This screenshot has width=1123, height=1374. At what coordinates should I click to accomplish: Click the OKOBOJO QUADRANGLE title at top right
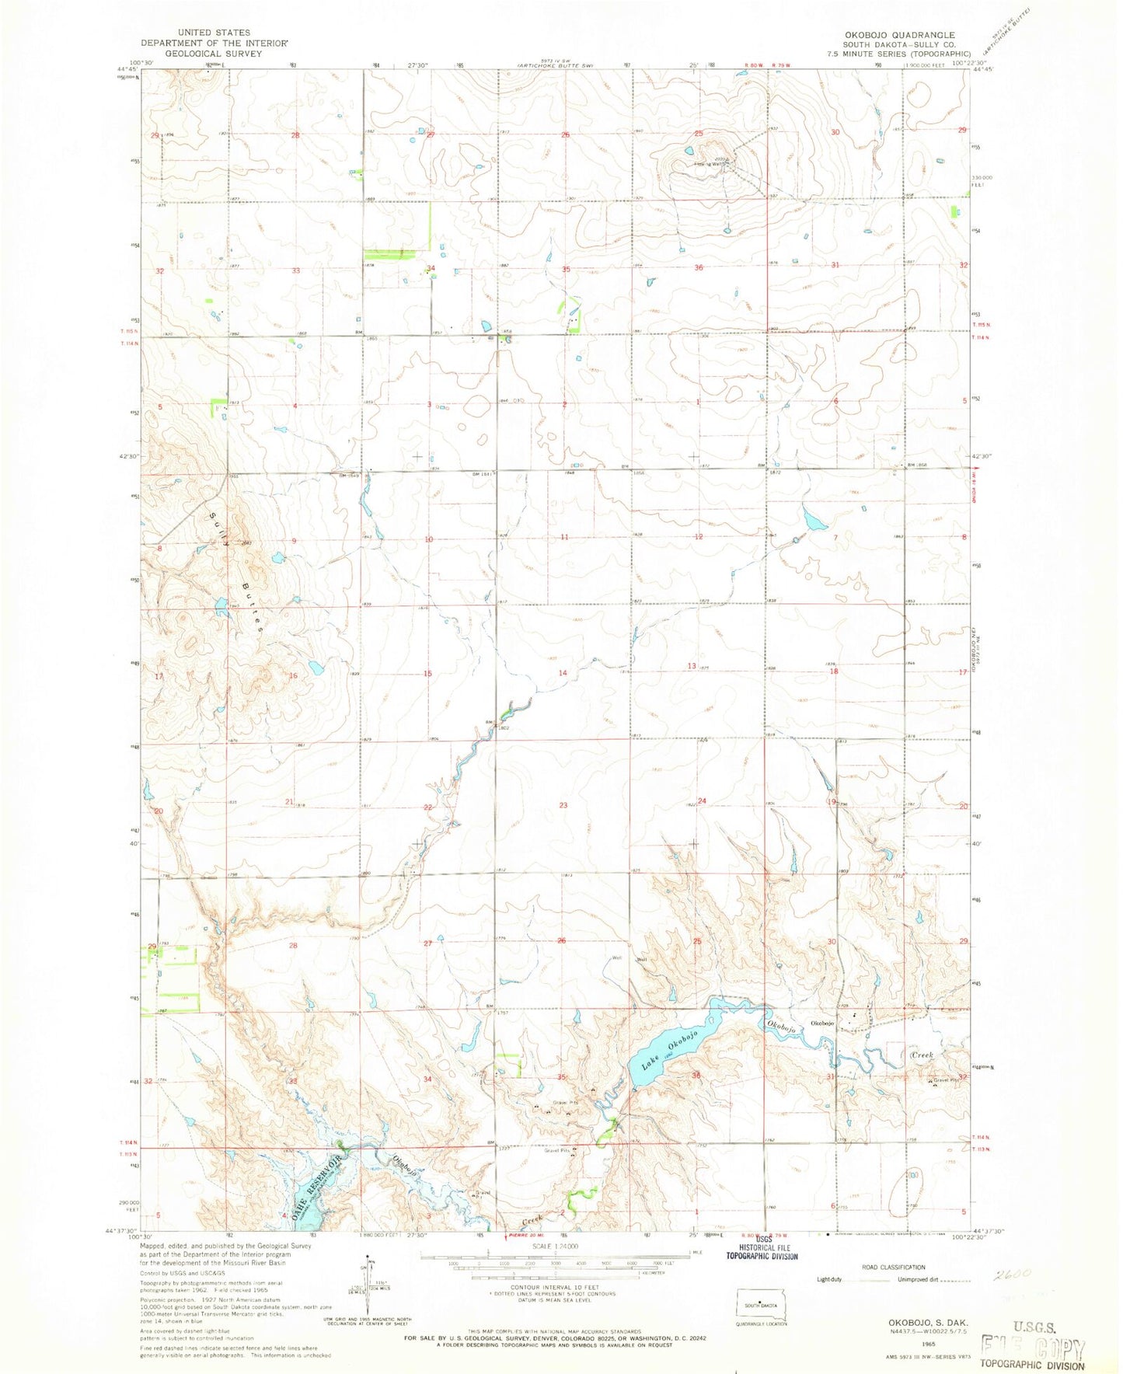click(x=906, y=35)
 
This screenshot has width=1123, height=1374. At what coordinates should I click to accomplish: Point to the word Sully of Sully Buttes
click(x=218, y=530)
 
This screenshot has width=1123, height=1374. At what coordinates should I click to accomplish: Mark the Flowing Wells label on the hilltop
click(x=711, y=164)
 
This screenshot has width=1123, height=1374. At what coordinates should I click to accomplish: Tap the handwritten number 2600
click(x=1013, y=1274)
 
